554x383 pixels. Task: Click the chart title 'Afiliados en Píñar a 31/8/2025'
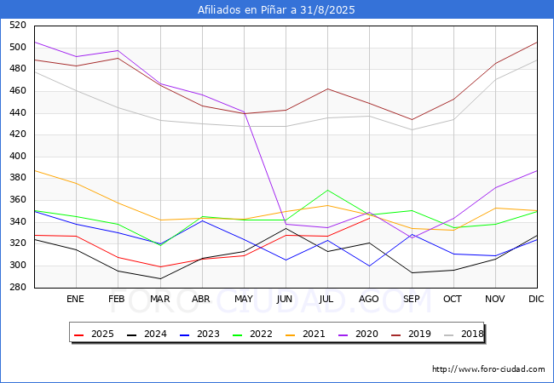(276, 9)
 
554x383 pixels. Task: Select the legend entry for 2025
(94, 334)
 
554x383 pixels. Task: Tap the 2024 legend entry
(147, 334)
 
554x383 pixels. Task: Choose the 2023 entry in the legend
(199, 334)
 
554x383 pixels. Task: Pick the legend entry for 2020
(358, 334)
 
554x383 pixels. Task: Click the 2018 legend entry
(464, 334)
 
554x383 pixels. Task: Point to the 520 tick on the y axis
(18, 25)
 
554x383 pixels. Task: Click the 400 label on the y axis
(18, 156)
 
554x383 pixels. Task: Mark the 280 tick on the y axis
(18, 287)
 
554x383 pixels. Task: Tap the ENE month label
(75, 299)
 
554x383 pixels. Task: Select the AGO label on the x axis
(369, 299)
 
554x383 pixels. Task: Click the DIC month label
(536, 299)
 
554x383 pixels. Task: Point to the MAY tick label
(244, 299)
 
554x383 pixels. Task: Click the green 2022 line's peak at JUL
(328, 191)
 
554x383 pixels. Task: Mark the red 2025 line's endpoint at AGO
(370, 218)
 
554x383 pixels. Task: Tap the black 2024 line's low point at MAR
(160, 278)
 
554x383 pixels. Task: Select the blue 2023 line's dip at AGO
(370, 266)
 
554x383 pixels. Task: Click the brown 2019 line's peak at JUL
(328, 89)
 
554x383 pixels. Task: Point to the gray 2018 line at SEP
(412, 129)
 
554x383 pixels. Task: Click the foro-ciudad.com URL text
(488, 369)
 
